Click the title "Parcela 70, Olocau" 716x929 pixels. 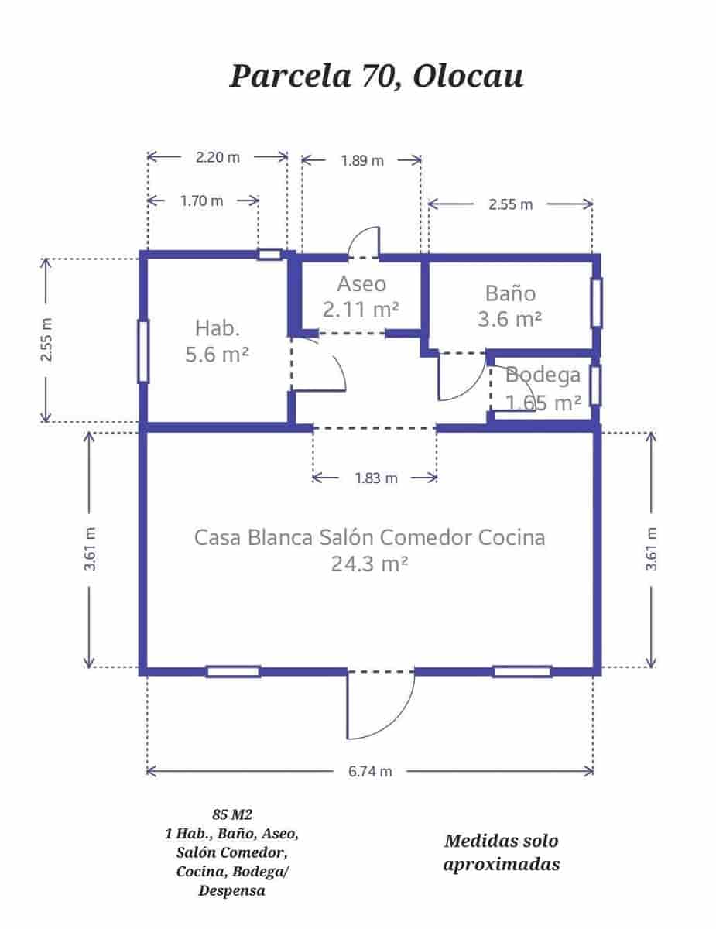[x=375, y=77]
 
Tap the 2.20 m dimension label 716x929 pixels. [x=217, y=157]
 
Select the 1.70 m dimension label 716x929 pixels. [x=201, y=201]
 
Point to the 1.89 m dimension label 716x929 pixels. [x=361, y=161]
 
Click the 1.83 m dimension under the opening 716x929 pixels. [x=375, y=478]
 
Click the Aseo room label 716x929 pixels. [x=361, y=283]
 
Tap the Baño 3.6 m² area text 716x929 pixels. [x=509, y=318]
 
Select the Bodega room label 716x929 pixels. [x=543, y=375]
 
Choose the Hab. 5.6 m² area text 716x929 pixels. [x=217, y=355]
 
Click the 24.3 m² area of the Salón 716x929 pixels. [x=369, y=564]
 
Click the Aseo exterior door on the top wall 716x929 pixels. [x=364, y=242]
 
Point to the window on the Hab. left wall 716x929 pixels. [x=142, y=351]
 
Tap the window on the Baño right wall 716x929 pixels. [x=596, y=303]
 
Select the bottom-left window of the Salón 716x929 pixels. [x=232, y=671]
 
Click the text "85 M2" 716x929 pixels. [x=232, y=814]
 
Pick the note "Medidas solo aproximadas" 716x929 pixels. [x=501, y=852]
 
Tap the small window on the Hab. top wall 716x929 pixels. [x=269, y=254]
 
